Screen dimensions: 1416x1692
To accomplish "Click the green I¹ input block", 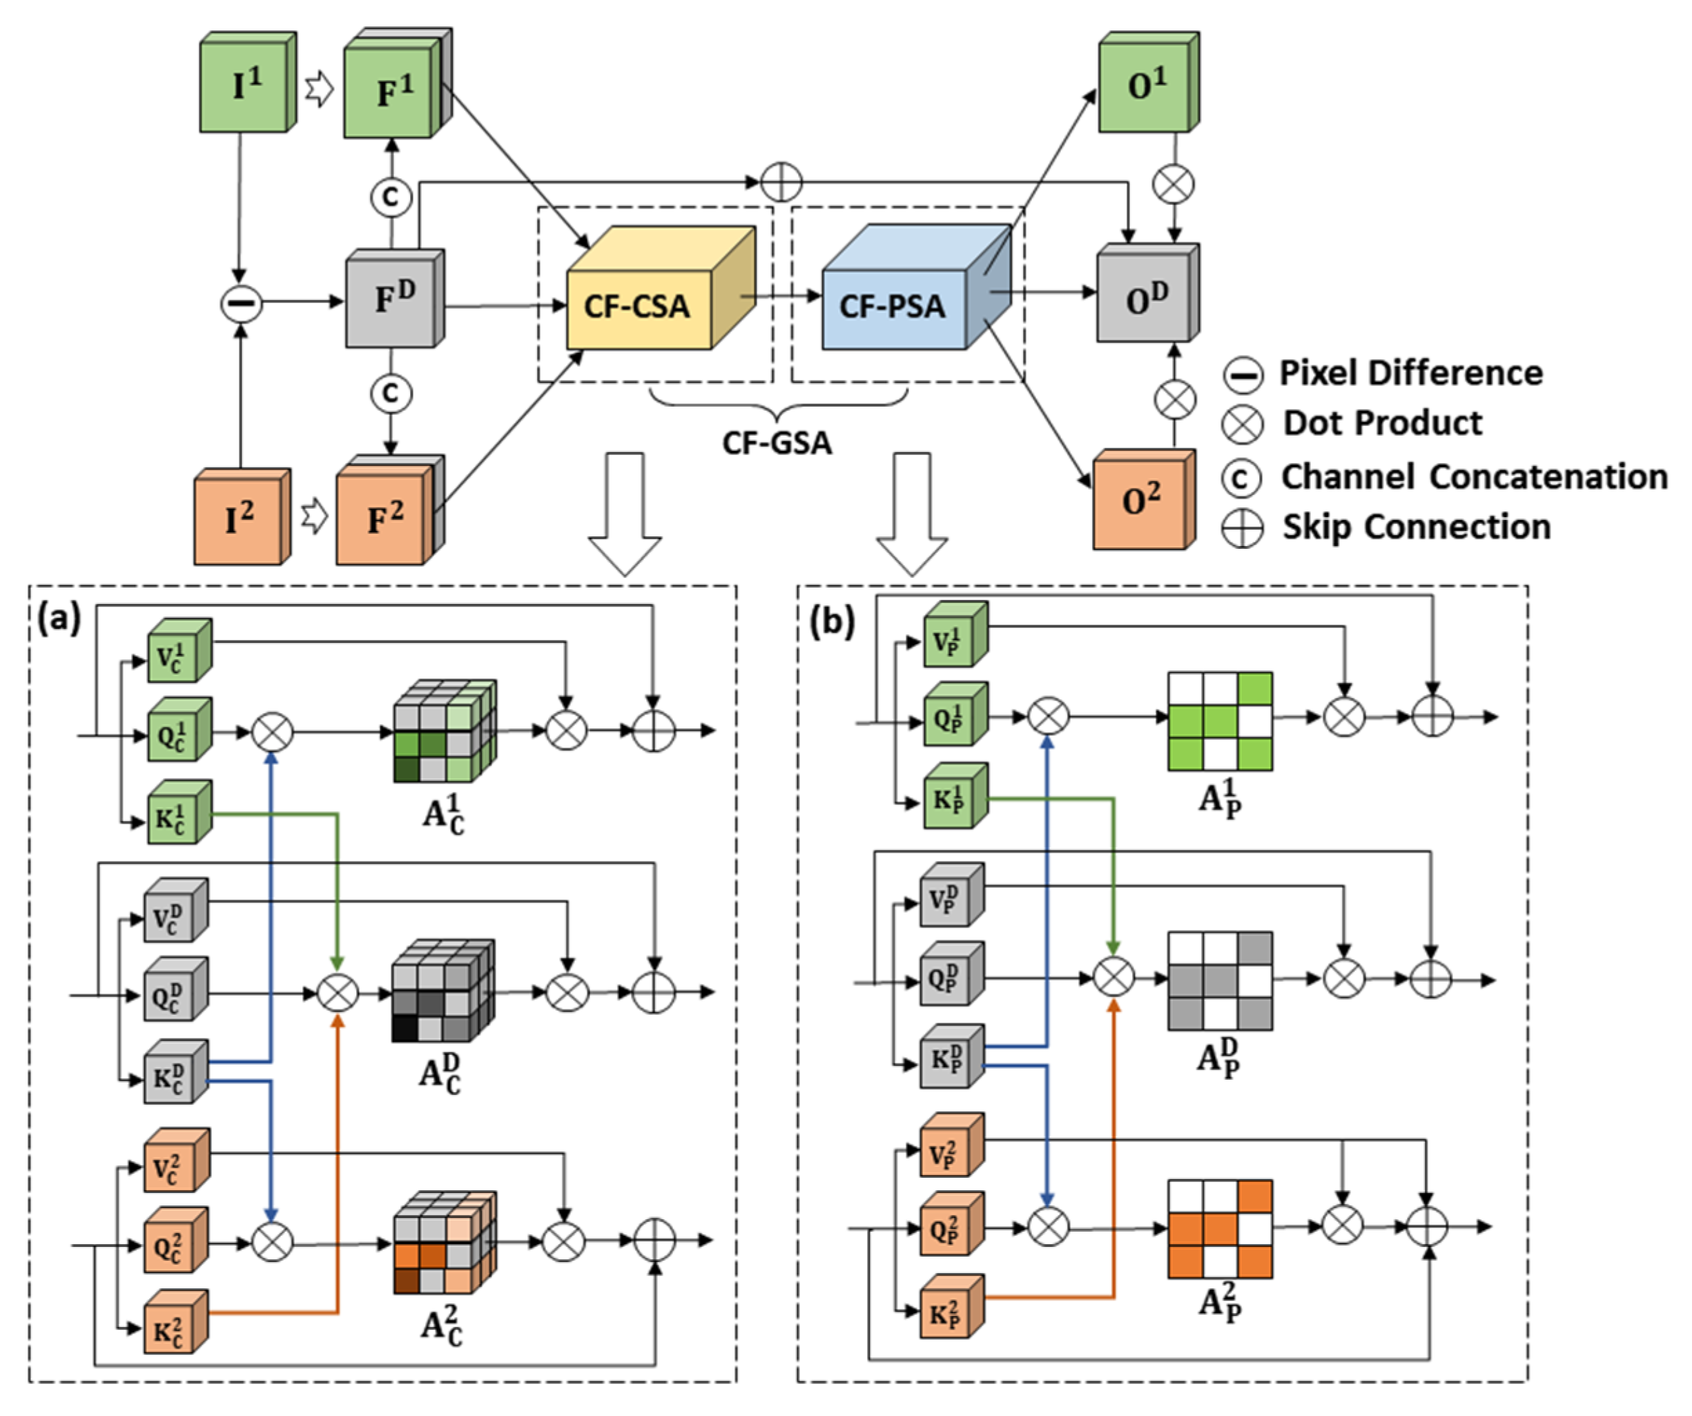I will (x=245, y=86).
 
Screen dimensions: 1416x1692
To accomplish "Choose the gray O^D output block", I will (x=1144, y=298).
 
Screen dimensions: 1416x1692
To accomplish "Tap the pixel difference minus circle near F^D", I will (x=241, y=303).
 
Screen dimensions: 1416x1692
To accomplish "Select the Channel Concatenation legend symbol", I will (x=1242, y=478).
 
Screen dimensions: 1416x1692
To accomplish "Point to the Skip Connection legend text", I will (x=1417, y=527).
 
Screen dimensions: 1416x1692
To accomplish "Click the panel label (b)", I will (x=830, y=622).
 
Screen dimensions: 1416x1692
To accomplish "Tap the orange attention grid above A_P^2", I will (x=1220, y=1230).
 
